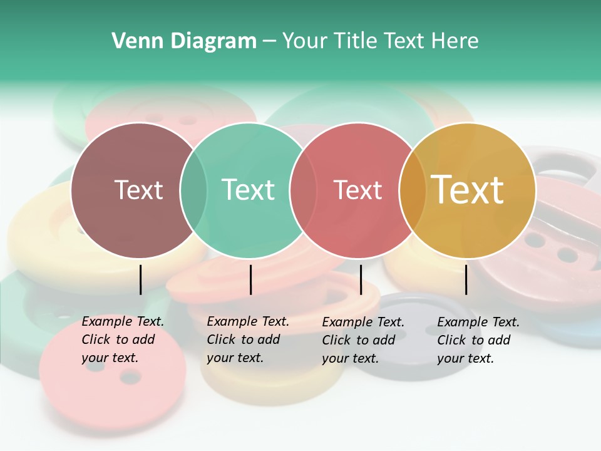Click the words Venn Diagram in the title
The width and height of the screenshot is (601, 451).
(x=184, y=41)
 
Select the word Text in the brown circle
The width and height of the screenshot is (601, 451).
(x=138, y=190)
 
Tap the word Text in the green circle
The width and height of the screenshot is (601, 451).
(x=248, y=190)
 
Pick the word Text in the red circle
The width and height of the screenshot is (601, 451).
(x=357, y=190)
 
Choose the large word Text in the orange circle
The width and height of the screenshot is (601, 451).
(x=468, y=190)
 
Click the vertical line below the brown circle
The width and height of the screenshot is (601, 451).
(x=141, y=279)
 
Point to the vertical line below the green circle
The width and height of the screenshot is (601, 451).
(x=250, y=279)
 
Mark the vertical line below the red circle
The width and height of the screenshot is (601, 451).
(x=361, y=279)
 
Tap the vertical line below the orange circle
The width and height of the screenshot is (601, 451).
(x=466, y=279)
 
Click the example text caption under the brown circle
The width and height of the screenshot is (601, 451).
(x=123, y=340)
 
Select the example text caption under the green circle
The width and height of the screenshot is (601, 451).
(x=248, y=340)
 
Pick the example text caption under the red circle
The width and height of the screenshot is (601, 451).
(x=363, y=340)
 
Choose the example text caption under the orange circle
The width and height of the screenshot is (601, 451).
(x=478, y=340)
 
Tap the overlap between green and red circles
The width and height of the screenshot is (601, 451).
(x=303, y=190)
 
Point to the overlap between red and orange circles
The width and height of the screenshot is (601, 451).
(x=411, y=190)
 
